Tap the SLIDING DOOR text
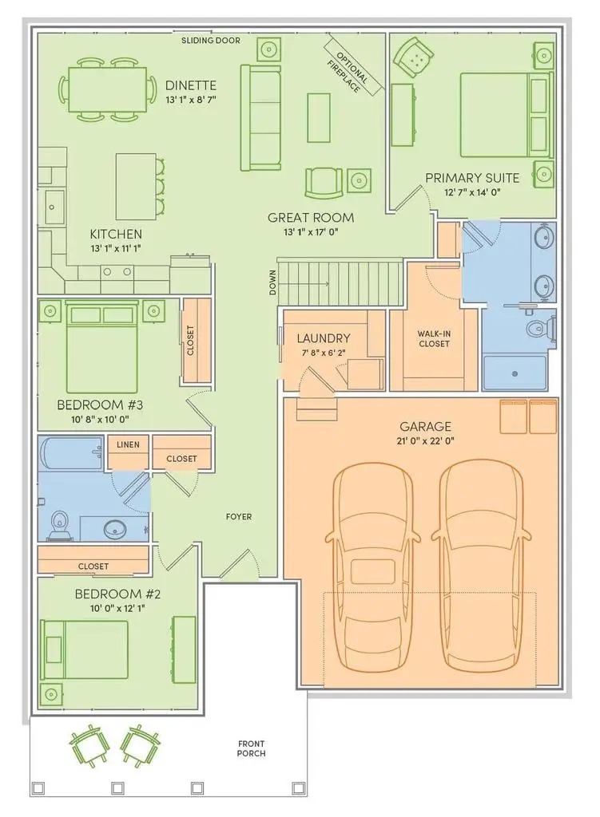[x=210, y=40]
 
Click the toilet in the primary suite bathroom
[x=535, y=328]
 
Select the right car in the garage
[x=479, y=566]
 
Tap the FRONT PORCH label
[x=251, y=748]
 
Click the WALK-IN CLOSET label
[x=433, y=339]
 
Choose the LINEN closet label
[x=128, y=444]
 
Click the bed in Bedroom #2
[x=84, y=650]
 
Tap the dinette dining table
[x=108, y=89]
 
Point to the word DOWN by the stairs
[x=272, y=283]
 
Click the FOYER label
[x=238, y=517]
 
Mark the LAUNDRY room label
[x=319, y=338]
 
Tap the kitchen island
[x=135, y=186]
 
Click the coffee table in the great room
[x=319, y=117]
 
